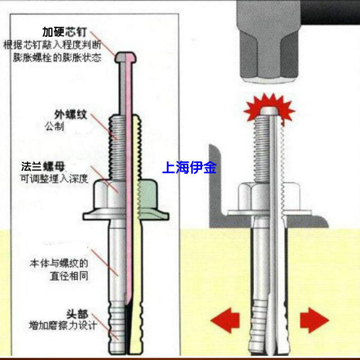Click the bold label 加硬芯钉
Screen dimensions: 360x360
(65, 32)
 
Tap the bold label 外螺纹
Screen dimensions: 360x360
(71, 114)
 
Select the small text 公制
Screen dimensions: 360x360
(54, 126)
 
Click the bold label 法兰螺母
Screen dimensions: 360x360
(43, 167)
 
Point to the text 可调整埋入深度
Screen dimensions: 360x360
(54, 179)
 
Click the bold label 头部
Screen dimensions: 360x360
(77, 314)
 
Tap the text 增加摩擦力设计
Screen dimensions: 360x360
(63, 325)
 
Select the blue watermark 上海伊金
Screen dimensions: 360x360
(189, 168)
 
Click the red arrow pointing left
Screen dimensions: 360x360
(225, 320)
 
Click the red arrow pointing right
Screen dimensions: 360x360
(314, 320)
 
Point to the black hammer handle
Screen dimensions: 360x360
(330, 12)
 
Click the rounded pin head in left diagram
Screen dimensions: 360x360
(126, 57)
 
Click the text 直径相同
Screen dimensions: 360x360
(69, 276)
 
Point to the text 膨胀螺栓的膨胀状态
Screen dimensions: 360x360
(57, 57)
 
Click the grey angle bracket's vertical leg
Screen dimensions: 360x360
(215, 184)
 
